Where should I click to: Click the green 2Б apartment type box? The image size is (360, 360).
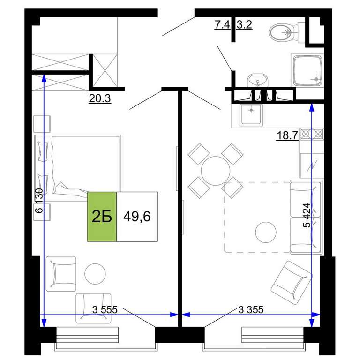point(102,217)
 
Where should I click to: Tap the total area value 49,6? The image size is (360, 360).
point(137,216)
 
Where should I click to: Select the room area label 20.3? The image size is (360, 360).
point(100,98)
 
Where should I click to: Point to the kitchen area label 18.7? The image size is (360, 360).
point(287,135)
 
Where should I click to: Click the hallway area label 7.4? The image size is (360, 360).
point(222,24)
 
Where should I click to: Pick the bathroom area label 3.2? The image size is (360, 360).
point(244,24)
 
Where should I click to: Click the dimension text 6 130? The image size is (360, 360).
point(39,201)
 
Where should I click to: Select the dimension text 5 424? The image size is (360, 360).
point(307,215)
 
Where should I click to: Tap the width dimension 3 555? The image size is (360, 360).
point(105,309)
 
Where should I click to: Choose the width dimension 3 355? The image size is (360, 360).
point(251,309)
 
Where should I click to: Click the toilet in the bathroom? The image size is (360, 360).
point(286,32)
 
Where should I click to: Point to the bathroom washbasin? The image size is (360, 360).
point(258,81)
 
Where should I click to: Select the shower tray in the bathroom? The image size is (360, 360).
point(307,70)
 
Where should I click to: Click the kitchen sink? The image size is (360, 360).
point(251,114)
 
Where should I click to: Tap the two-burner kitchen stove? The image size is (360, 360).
point(312,134)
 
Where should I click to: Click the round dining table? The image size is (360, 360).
point(216,171)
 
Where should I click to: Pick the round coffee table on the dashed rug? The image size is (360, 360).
point(266,232)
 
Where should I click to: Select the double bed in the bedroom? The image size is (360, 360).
point(78,168)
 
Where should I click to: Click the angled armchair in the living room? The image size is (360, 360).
point(292,280)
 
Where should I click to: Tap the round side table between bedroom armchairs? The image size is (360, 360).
point(95,273)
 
